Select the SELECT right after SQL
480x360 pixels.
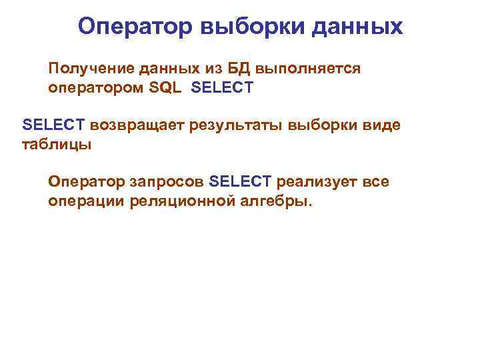click(x=222, y=87)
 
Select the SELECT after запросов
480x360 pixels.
click(x=240, y=182)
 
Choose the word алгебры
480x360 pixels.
click(x=274, y=201)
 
